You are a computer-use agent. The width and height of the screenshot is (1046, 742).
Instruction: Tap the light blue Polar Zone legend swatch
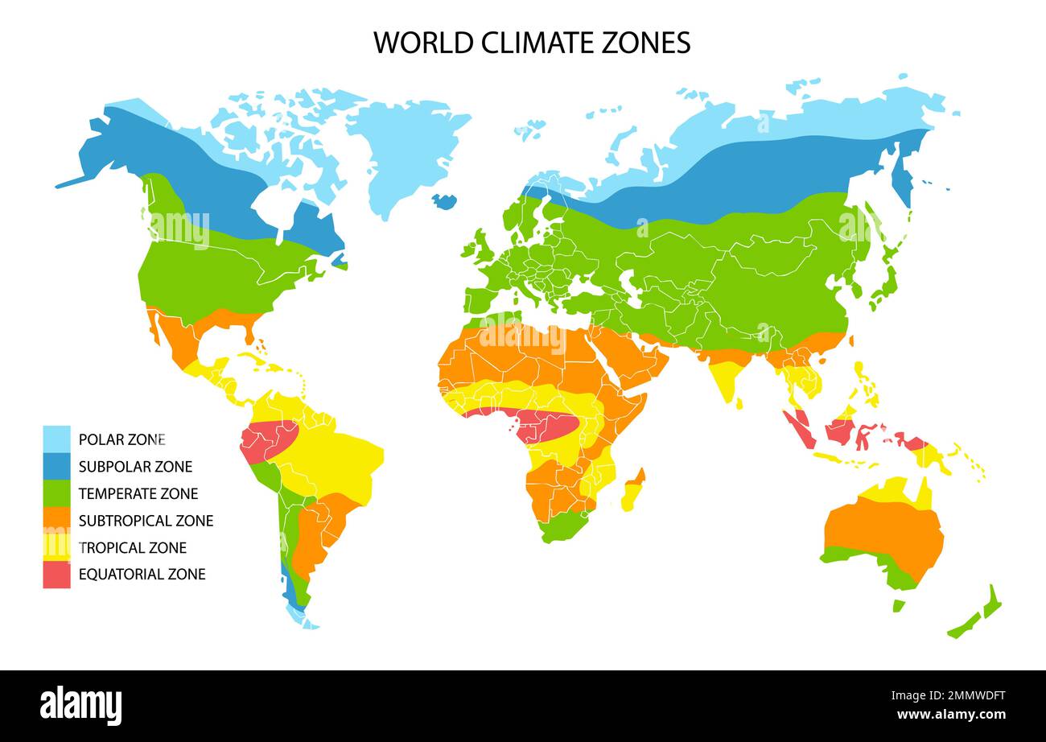point(56,439)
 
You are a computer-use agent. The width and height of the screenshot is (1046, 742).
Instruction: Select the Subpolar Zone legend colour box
point(56,467)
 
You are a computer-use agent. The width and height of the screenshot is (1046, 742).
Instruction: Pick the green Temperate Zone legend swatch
point(56,493)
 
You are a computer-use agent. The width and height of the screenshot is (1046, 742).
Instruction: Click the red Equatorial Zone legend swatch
point(56,575)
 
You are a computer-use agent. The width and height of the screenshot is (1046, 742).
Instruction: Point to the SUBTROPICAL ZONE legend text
point(146,521)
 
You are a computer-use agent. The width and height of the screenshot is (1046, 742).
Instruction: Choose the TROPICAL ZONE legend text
point(133,548)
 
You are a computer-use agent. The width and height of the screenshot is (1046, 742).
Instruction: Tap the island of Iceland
point(443,200)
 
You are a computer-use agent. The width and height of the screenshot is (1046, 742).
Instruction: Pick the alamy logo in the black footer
point(81,706)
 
